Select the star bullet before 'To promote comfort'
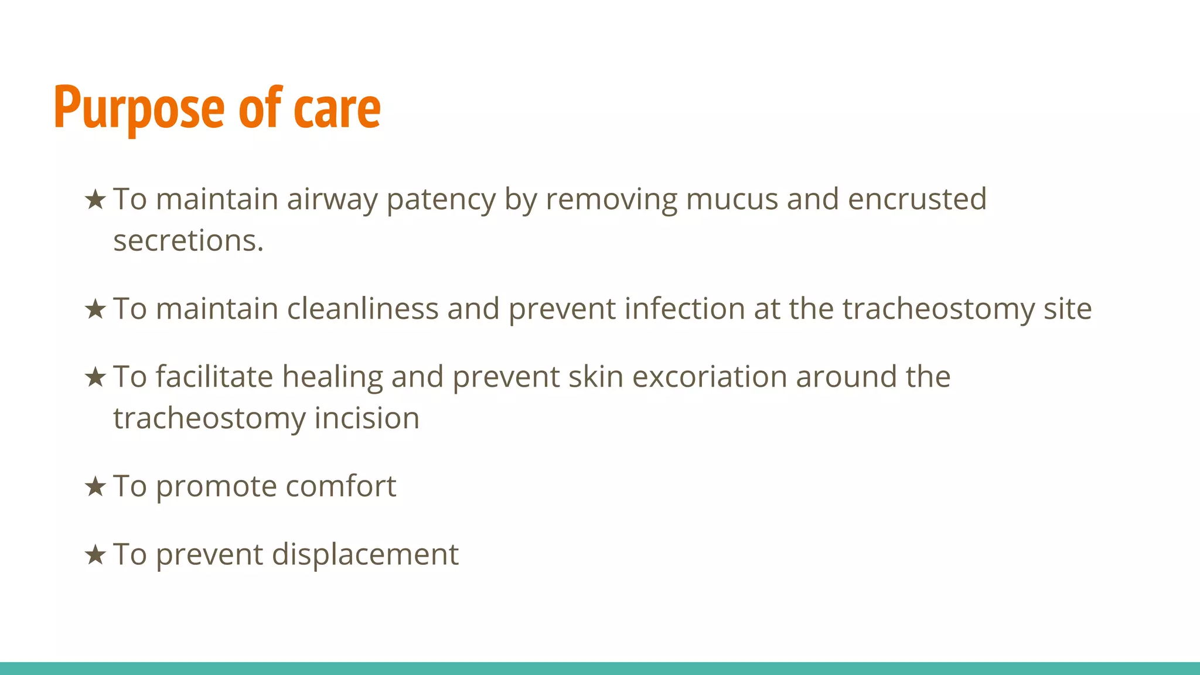[95, 486]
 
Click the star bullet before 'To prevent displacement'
[95, 554]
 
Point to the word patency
[441, 199]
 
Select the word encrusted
[917, 199]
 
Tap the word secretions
[188, 241]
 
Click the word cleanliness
[362, 309]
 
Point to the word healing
[332, 377]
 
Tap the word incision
[367, 418]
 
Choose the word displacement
[365, 554]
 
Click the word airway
[332, 199]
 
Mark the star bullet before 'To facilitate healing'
[95, 377]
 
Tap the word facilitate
[214, 377]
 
